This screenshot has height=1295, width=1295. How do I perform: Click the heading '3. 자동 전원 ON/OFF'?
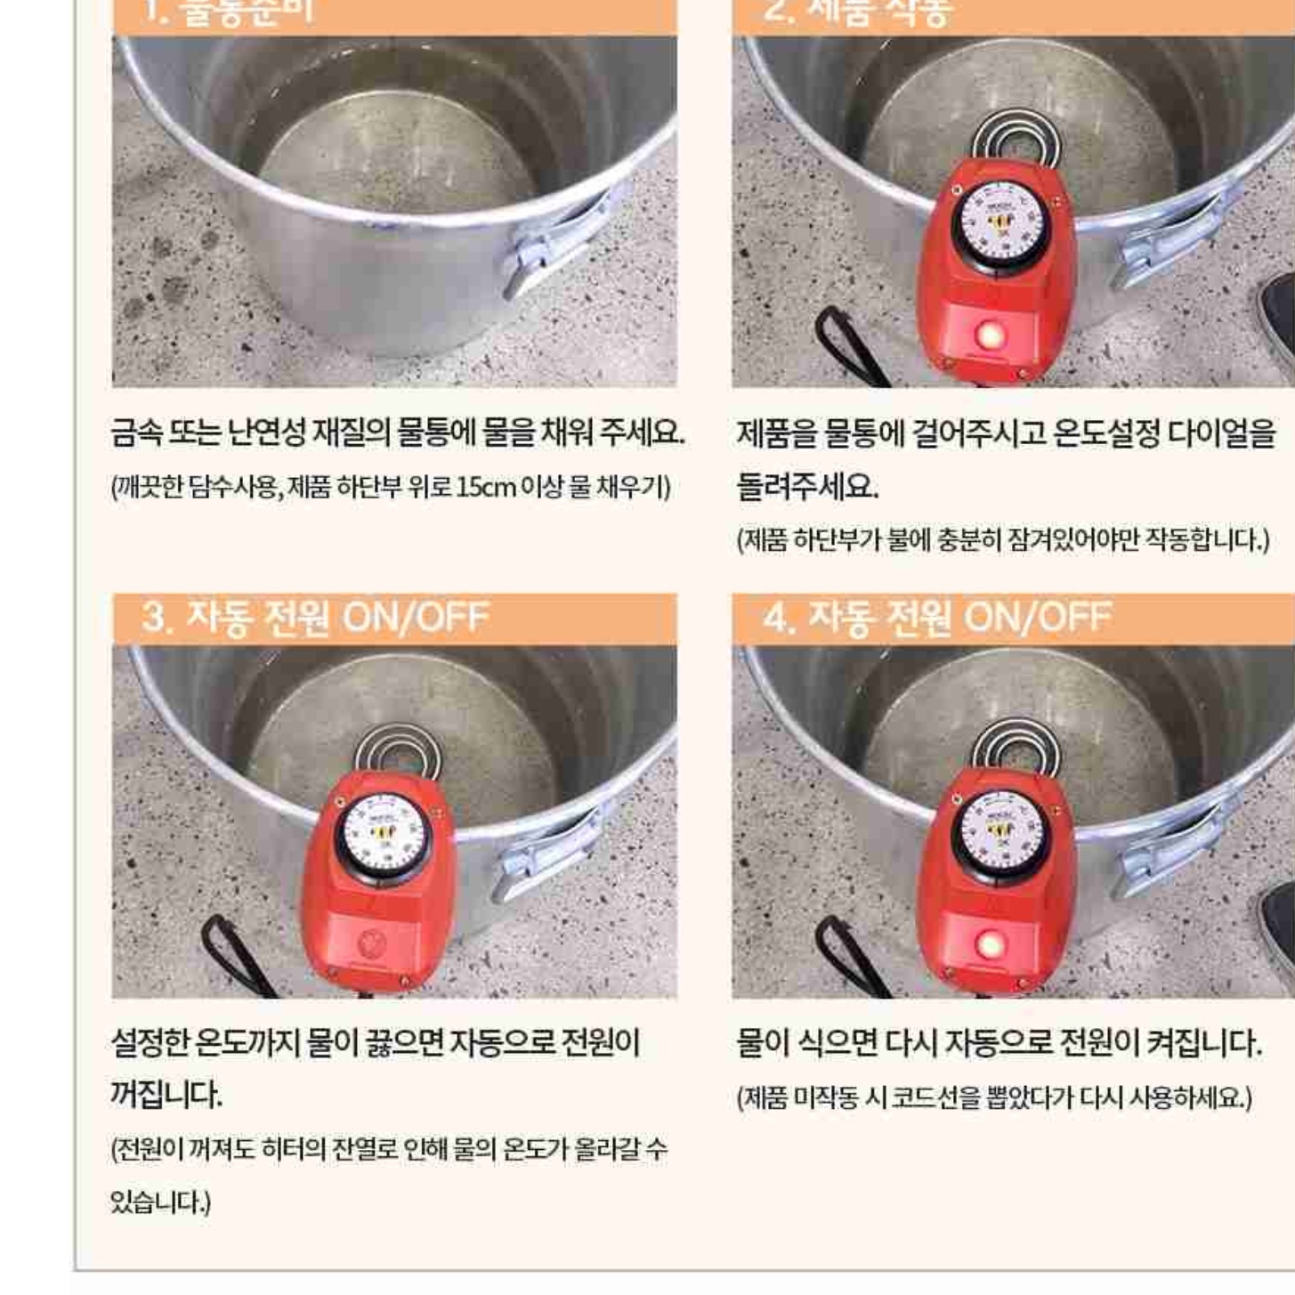(x=315, y=617)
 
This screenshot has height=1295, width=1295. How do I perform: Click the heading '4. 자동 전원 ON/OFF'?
(x=936, y=617)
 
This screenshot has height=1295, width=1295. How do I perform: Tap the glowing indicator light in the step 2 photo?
(x=989, y=336)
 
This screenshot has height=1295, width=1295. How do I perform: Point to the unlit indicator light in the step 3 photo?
(x=371, y=943)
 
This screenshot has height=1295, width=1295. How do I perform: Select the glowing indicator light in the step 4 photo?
(x=987, y=944)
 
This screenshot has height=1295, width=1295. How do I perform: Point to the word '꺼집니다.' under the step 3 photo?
(x=166, y=1094)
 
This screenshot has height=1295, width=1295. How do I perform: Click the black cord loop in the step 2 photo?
(x=846, y=347)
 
